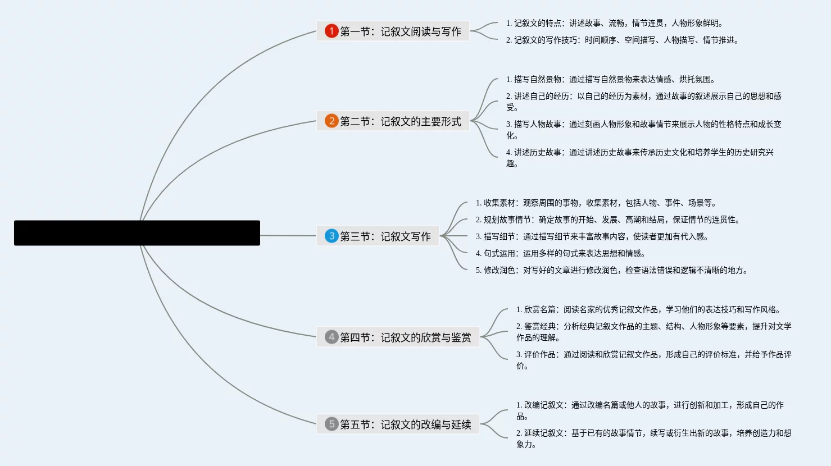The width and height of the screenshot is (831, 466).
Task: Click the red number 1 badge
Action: coord(331,31)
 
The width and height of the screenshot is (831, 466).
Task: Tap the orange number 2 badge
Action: coord(331,121)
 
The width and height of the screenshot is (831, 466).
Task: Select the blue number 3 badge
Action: coord(331,236)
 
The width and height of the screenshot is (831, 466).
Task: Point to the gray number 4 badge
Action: coord(331,337)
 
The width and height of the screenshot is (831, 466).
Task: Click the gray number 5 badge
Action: coord(331,424)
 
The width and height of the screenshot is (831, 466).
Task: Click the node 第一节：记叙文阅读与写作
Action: coord(400,31)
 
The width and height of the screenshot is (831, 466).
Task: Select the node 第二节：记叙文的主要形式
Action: coord(400,121)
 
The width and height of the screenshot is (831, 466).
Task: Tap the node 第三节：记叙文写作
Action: coord(385,236)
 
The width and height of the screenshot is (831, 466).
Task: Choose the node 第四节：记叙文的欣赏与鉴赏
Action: coord(405,337)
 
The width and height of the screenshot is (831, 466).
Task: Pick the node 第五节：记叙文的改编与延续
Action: coord(405,424)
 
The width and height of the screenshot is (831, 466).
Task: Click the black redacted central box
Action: coord(137,232)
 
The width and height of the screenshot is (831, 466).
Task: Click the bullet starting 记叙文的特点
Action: coord(615,23)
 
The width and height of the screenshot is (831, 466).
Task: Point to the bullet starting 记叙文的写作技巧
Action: coord(623,40)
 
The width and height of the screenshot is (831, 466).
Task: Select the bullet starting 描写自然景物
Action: coord(611,79)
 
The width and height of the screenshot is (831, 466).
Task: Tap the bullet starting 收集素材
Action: coord(596,203)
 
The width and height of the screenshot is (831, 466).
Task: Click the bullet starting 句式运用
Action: coord(561,253)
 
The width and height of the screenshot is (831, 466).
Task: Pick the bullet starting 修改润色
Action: coord(612,270)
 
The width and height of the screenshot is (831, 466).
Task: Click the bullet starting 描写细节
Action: coord(592,236)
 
